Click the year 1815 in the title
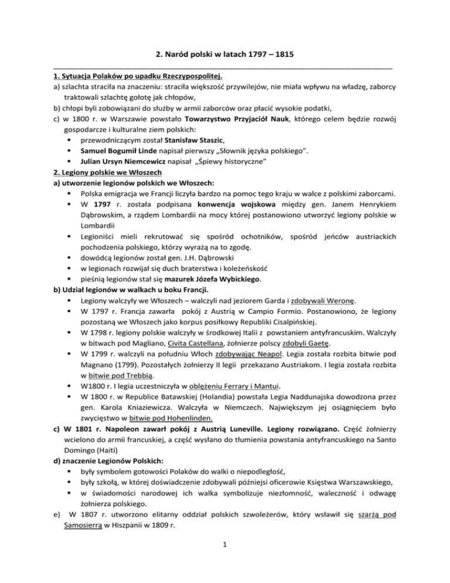(283, 55)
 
